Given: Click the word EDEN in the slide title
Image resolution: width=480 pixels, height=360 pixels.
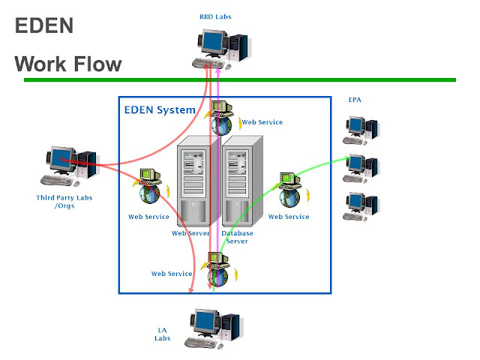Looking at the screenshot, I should click(44, 26).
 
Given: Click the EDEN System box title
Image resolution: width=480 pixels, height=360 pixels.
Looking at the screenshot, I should click(159, 110).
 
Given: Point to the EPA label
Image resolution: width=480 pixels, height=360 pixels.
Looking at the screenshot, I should click(355, 99).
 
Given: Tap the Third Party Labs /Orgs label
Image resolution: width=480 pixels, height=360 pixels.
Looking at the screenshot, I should click(61, 202).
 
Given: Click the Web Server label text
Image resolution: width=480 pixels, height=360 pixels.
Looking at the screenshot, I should click(190, 233).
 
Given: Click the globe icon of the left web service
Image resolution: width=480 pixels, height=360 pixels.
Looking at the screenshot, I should click(150, 195).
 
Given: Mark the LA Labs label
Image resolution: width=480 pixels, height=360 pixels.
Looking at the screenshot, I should click(163, 334).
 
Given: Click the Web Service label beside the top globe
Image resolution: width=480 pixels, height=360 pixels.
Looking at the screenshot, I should click(262, 122).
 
